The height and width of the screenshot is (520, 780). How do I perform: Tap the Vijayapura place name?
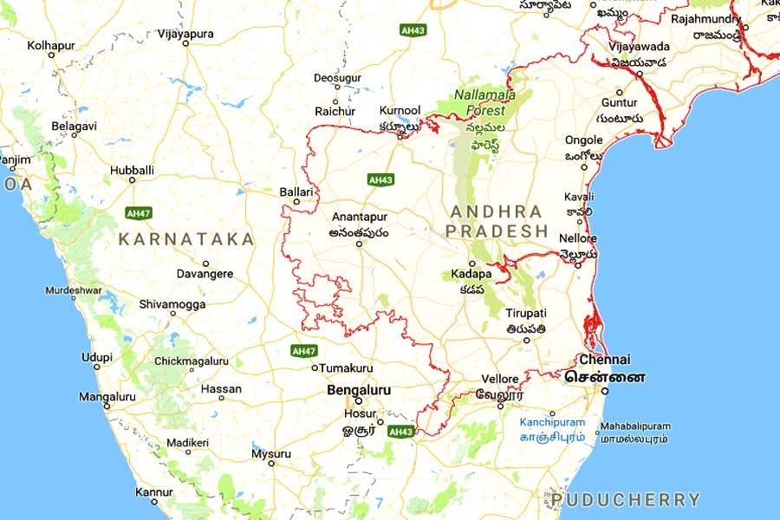[x=185, y=34]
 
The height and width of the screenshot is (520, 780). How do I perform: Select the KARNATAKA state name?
[x=186, y=239]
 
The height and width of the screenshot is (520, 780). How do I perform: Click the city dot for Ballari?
[x=296, y=202]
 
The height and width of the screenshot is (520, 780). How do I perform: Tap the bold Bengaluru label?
[x=359, y=391]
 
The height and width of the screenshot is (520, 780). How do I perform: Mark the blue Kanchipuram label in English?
[x=552, y=423]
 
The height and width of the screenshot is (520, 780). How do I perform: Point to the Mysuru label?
[x=271, y=453]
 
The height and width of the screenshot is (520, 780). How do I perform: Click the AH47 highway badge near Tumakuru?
[x=304, y=351]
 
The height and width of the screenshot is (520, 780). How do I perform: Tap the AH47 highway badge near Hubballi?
[x=138, y=212]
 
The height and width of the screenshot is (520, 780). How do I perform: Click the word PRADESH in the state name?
[x=498, y=231]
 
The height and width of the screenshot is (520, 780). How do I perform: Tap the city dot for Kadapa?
[x=472, y=263]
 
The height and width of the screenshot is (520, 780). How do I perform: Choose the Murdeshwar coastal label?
[x=73, y=289]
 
